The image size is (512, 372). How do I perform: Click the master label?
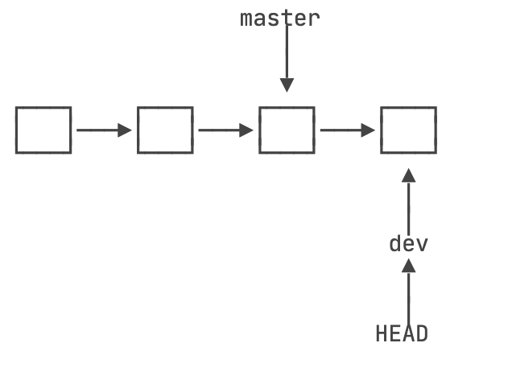pyautogui.click(x=280, y=18)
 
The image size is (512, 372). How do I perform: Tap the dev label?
pyautogui.click(x=408, y=243)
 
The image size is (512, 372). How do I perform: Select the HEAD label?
pyautogui.click(x=402, y=333)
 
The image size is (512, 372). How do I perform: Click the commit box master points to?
pyautogui.click(x=287, y=130)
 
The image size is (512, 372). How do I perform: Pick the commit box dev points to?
pyautogui.click(x=408, y=130)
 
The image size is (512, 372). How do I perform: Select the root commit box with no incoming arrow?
pyautogui.click(x=43, y=130)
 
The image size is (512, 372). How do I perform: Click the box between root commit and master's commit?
pyautogui.click(x=165, y=130)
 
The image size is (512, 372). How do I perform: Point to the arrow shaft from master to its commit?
pyautogui.click(x=287, y=52)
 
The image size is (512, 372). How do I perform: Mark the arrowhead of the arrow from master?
pyautogui.click(x=287, y=85)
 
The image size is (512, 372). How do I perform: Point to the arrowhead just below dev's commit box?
pyautogui.click(x=408, y=176)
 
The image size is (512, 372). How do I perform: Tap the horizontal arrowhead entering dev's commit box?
pyautogui.click(x=368, y=130)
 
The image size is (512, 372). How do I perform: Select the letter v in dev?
pyautogui.click(x=421, y=243)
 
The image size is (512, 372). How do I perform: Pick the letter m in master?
pyautogui.click(x=246, y=18)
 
